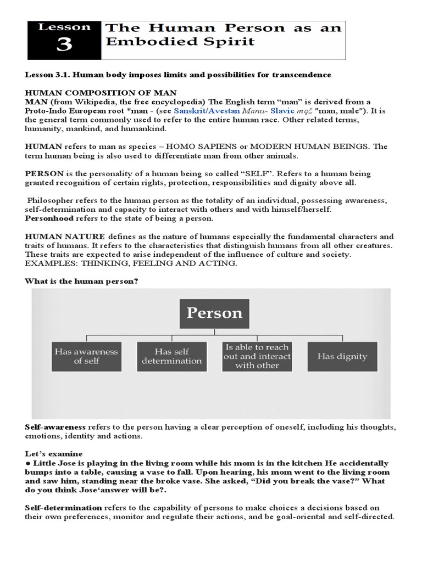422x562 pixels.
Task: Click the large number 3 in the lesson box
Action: coord(64,45)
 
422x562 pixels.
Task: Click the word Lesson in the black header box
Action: coord(64,26)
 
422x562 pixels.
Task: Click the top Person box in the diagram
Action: coord(214,313)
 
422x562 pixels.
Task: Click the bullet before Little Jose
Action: coord(27,463)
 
